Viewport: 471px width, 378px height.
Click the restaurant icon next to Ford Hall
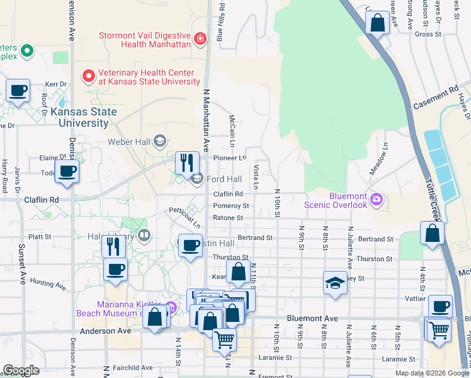[x=187, y=163]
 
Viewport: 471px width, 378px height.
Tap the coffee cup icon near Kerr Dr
[x=18, y=91]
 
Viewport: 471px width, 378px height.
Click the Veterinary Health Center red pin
[x=89, y=76]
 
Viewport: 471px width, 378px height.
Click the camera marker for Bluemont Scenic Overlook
[x=377, y=200]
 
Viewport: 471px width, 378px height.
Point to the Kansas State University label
[x=84, y=117]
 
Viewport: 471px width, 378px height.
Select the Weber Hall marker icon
[x=160, y=141]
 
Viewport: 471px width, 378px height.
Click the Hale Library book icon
[x=144, y=236]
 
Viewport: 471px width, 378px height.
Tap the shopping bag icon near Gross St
[x=378, y=23]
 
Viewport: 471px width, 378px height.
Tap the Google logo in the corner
[x=21, y=370]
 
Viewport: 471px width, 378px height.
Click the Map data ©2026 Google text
[x=431, y=373]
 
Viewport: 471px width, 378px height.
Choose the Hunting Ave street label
[x=47, y=285]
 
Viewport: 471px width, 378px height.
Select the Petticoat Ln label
[x=184, y=217]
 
